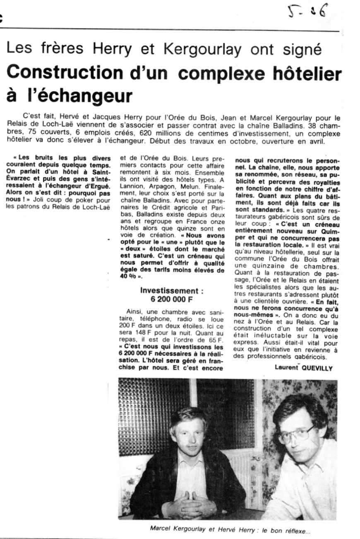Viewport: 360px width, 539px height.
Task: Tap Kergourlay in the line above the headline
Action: pos(202,49)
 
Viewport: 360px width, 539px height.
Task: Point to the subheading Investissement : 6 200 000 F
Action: pos(172,295)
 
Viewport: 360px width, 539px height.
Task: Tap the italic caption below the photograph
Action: pos(230,529)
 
